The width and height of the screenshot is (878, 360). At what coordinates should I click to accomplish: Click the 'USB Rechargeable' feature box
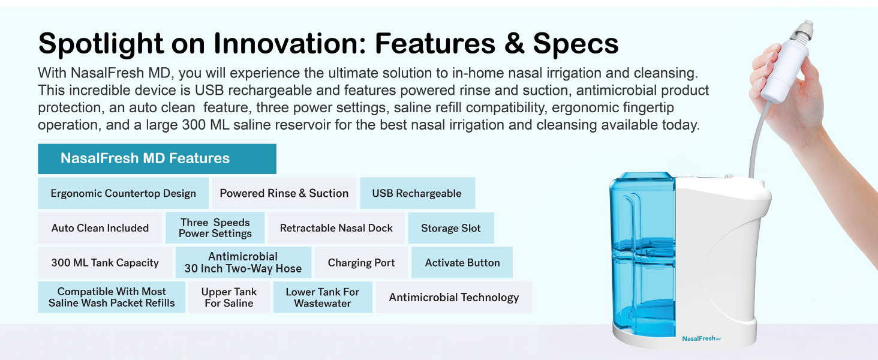(x=417, y=193)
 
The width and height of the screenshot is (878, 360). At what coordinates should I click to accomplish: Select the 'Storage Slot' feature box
(x=451, y=228)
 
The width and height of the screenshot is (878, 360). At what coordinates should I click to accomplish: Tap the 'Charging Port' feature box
(x=362, y=262)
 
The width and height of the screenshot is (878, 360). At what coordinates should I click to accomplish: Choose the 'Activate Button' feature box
(x=462, y=262)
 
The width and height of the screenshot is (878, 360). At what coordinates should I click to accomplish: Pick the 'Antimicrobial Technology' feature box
(x=453, y=297)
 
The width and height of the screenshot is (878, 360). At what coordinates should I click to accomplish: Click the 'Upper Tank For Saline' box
(x=229, y=297)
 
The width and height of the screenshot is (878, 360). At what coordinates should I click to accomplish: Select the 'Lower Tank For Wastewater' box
(x=323, y=297)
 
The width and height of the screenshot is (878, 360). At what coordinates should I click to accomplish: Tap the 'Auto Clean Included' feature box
(x=100, y=228)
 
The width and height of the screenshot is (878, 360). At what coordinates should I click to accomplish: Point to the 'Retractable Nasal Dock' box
(x=336, y=228)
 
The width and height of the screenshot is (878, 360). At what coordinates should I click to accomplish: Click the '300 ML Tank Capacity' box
(x=105, y=262)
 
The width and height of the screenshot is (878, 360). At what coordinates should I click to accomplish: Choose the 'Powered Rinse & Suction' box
(x=284, y=193)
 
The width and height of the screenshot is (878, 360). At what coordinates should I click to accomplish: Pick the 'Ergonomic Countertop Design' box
(x=123, y=193)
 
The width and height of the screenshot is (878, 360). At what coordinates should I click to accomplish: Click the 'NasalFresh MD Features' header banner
(x=157, y=159)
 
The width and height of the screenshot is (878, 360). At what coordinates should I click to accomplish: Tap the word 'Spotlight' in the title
(x=101, y=44)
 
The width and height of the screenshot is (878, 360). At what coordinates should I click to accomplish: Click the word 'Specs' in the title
(x=575, y=43)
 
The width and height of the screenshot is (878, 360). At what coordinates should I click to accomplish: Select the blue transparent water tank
(x=643, y=255)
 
